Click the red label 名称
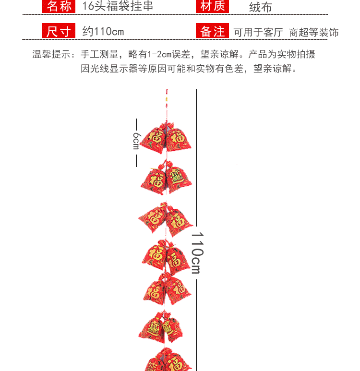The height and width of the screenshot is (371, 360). coord(59,6)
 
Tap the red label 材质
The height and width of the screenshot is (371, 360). coord(212,6)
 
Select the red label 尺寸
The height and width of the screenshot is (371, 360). coord(59,31)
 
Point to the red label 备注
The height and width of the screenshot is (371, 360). coord(212,31)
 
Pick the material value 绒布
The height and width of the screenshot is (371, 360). coord(261,7)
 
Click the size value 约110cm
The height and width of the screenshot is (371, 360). coord(103,32)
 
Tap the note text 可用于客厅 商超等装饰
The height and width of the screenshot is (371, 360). coord(286,32)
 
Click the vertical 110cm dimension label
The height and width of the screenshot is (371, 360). coord(196,253)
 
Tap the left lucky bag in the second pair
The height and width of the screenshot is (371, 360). coord(155,181)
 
